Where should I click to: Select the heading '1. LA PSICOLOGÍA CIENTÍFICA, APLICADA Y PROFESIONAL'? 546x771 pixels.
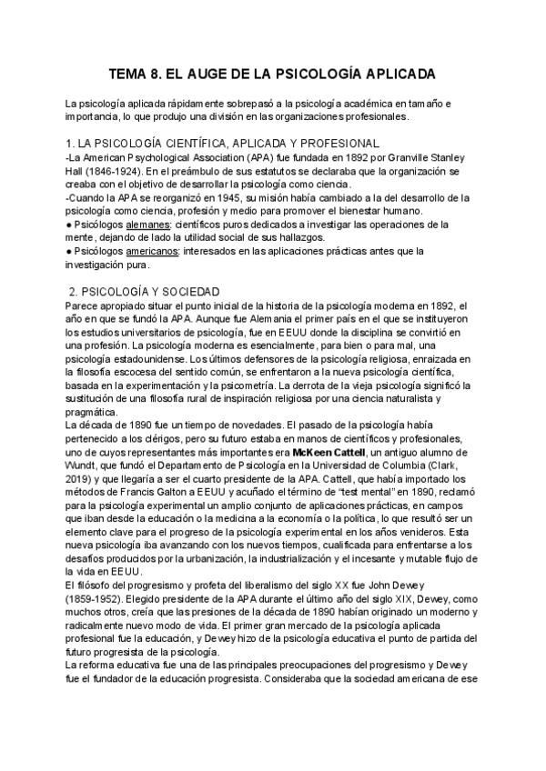click(x=222, y=144)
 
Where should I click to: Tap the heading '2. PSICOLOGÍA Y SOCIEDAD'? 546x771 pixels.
click(x=144, y=291)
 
